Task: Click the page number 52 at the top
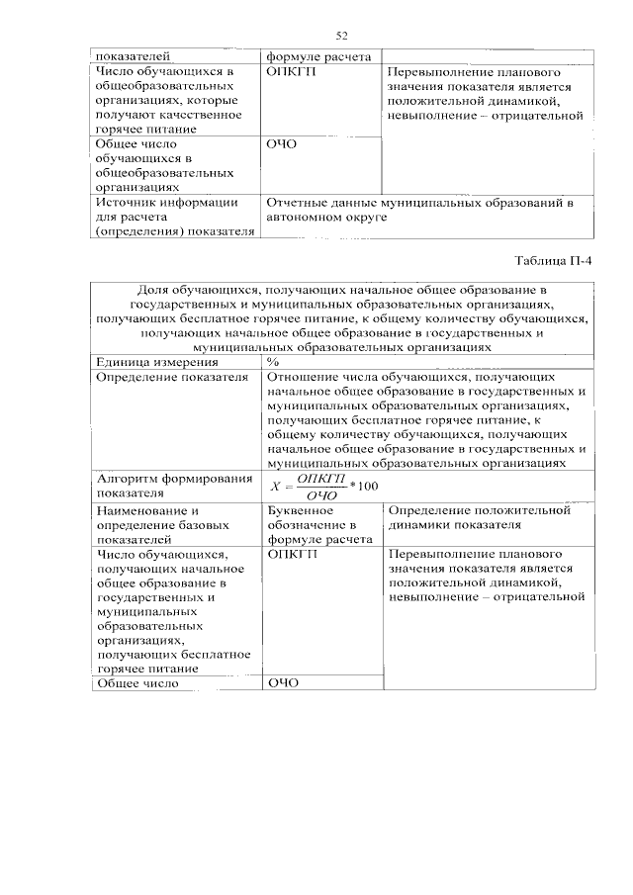[342, 37]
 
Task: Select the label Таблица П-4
[556, 261]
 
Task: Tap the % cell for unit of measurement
[273, 362]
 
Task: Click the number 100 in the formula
[368, 485]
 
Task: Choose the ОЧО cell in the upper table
[282, 143]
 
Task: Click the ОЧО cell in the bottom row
[282, 682]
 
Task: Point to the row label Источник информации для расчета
[167, 217]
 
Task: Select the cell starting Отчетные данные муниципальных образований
[419, 209]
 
